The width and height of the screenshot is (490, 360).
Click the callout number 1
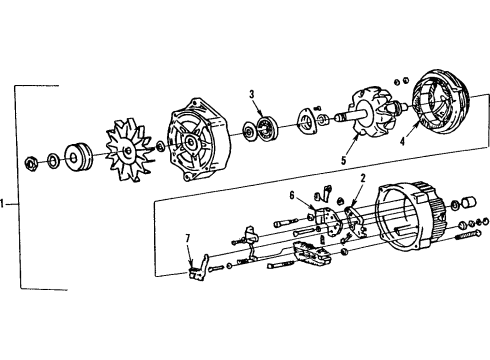[6, 204]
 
